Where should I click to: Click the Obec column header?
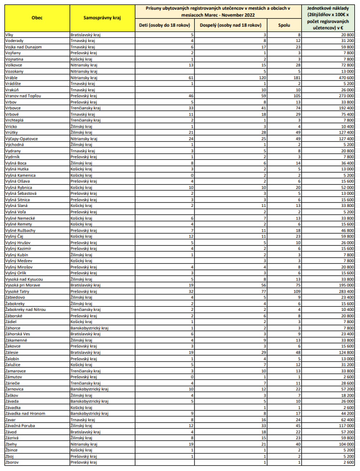coord(37,18)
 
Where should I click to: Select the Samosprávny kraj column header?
coord(102,18)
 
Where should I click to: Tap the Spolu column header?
coord(284,25)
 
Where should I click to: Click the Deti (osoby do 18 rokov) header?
coord(165,25)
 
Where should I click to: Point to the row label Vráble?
coord(12,77)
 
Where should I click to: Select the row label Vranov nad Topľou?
coord(23,96)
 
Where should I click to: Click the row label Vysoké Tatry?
coord(17,291)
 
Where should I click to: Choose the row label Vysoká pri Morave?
coord(23,285)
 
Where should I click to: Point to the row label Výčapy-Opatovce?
coord(22,139)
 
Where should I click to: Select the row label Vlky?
coord(9,35)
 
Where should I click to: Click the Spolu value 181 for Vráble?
coord(297,77)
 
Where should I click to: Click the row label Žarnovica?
coord(14,389)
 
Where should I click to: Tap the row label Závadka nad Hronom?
coord(25,413)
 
